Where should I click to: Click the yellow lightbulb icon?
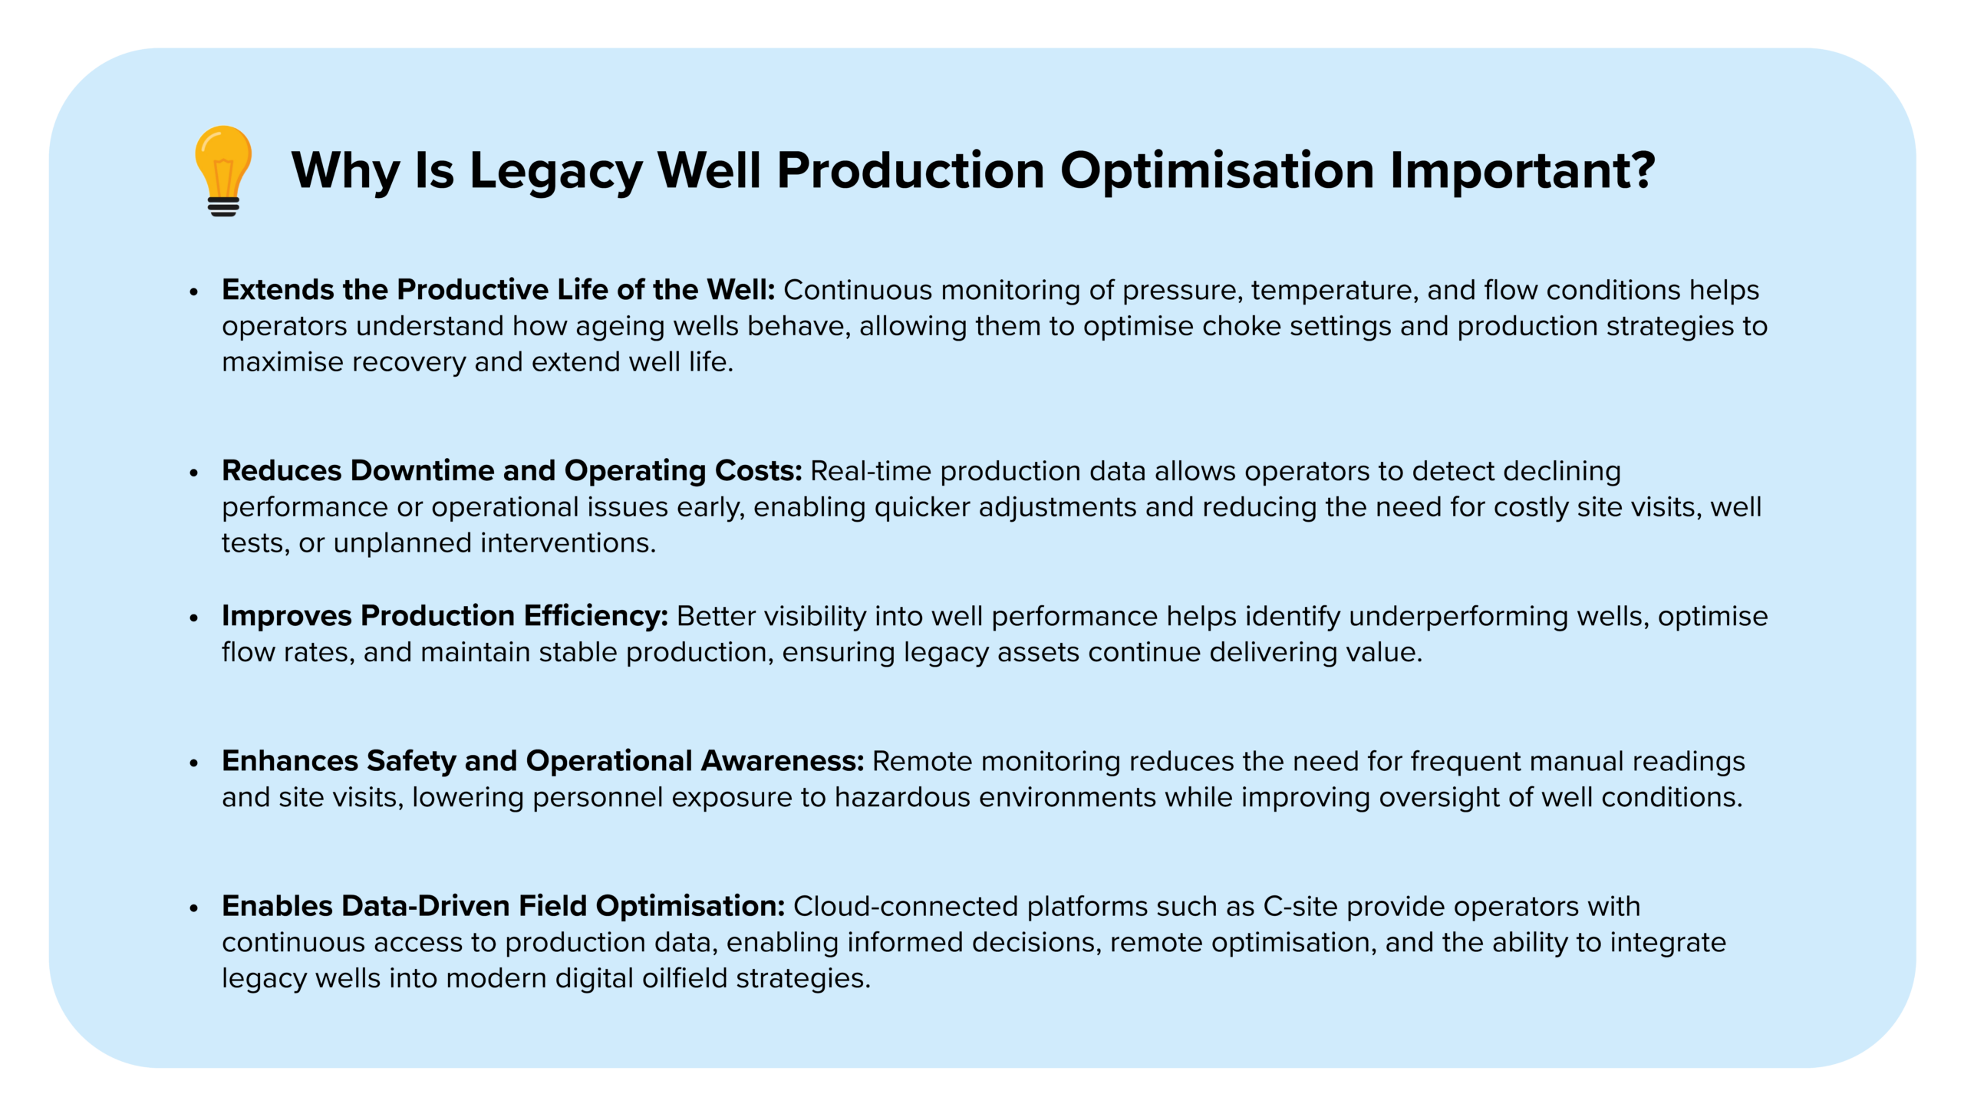222,170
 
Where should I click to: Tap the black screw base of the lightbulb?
223,207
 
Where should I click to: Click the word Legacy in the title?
555,171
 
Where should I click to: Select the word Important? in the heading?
1522,171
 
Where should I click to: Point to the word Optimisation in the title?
1217,171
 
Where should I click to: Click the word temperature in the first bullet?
1335,291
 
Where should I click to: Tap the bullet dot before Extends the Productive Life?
194,292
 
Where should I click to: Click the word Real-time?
871,471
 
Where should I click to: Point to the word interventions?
568,543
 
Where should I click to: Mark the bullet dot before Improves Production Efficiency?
194,618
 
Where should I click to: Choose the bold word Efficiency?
596,616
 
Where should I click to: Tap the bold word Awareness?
783,761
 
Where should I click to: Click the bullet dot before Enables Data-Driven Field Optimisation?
194,908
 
